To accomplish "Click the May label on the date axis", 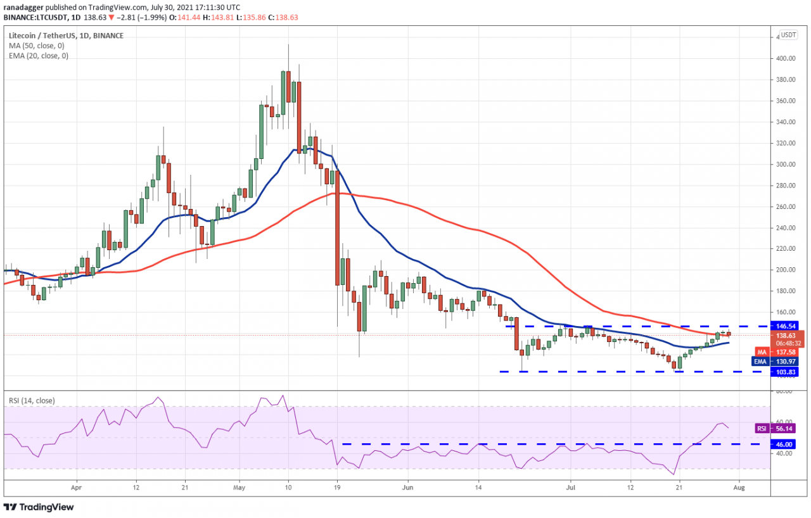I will [239, 488].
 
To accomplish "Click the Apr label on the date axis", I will [77, 488].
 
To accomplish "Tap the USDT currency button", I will [788, 35].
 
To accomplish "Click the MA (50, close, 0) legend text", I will [37, 46].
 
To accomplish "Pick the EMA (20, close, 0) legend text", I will [39, 56].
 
